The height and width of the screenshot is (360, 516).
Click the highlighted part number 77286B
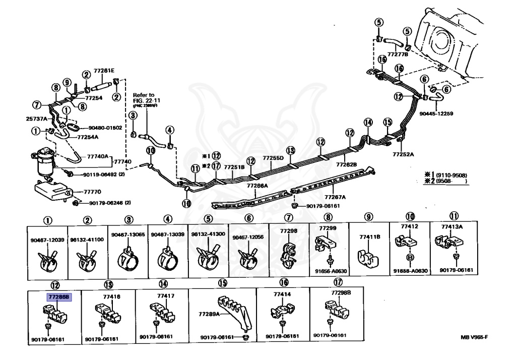pyautogui.click(x=59, y=297)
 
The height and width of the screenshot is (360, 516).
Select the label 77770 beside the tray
pyautogui.click(x=92, y=192)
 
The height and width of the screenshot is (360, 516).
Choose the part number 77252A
pyautogui.click(x=404, y=154)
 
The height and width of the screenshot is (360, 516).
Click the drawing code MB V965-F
pyautogui.click(x=474, y=337)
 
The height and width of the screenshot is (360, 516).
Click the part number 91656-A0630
pyautogui.click(x=331, y=271)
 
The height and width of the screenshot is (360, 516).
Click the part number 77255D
pyautogui.click(x=273, y=158)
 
